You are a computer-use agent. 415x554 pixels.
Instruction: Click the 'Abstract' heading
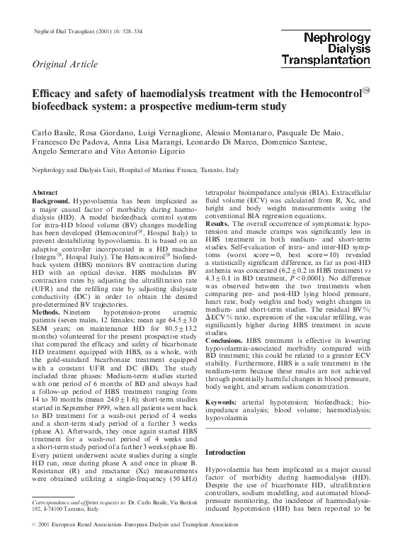pos(46,193)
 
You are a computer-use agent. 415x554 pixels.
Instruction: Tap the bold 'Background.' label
pos(51,202)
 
